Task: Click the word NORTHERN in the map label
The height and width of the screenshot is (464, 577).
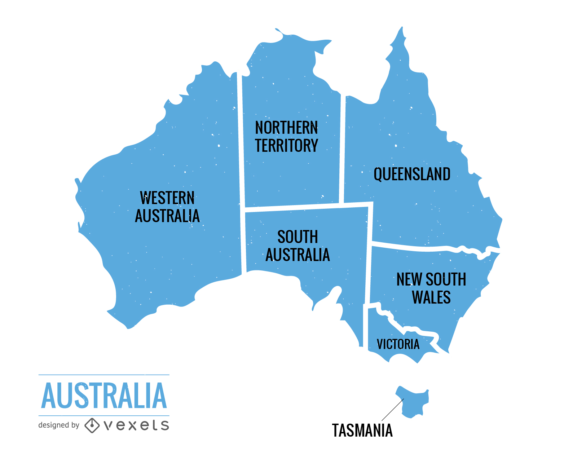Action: [x=286, y=128]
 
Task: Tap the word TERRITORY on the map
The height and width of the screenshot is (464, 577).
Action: [x=286, y=146]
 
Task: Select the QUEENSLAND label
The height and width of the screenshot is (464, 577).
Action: [x=412, y=174]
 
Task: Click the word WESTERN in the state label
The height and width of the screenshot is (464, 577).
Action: [x=167, y=198]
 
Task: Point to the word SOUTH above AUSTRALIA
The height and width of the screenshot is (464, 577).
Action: [x=298, y=237]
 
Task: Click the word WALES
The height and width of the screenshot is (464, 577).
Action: [x=431, y=297]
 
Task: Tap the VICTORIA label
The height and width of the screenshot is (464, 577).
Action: [x=398, y=344]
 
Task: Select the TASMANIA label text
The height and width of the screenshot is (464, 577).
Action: [x=362, y=430]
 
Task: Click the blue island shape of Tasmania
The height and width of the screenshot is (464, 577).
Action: [x=415, y=402]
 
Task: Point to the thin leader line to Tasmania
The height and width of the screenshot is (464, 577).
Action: [x=392, y=410]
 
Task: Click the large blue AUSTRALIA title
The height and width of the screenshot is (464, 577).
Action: [x=104, y=396]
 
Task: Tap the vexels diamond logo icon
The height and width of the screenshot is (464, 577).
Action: [x=92, y=425]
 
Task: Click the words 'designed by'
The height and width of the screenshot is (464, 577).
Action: [x=58, y=425]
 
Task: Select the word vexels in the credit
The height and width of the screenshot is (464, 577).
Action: [x=136, y=425]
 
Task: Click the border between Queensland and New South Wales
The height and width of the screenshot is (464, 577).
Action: [x=426, y=248]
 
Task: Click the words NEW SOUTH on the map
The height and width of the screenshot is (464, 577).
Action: [x=431, y=279]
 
